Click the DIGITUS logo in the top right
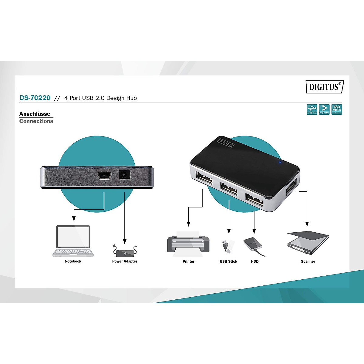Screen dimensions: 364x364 pyautogui.click(x=325, y=87)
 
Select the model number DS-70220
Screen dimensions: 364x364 pyautogui.click(x=35, y=98)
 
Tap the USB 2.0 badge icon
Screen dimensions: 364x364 pyautogui.click(x=312, y=110)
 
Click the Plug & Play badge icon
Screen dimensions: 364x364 pyautogui.click(x=324, y=110)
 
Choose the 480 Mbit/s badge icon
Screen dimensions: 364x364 pyautogui.click(x=337, y=110)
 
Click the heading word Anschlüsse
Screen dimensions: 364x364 pyautogui.click(x=35, y=114)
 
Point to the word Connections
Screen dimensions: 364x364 pyautogui.click(x=36, y=121)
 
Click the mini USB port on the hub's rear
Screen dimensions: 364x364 pyautogui.click(x=104, y=175)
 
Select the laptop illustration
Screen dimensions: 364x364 pyautogui.click(x=73, y=241)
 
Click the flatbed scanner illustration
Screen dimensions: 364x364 pyautogui.click(x=308, y=243)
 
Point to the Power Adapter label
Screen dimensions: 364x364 pyautogui.click(x=125, y=261)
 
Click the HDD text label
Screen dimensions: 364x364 pyautogui.click(x=255, y=261)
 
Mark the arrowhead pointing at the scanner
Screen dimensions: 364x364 pyautogui.click(x=307, y=224)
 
